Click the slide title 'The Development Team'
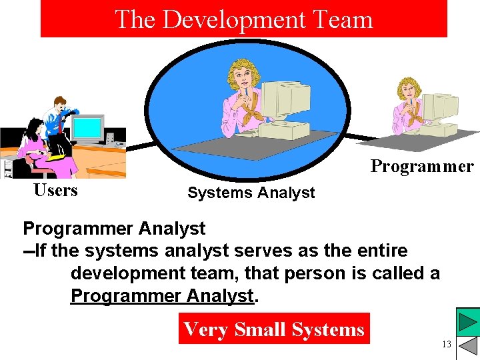pos(243,19)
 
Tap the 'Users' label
pos(55,191)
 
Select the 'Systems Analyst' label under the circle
pos(251,193)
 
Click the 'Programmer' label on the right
pos(421,166)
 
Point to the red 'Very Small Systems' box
pos(273,329)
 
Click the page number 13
pos(446,344)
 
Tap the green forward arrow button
pos(468,322)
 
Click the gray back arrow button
pos(469,347)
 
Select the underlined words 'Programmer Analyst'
pos(163,295)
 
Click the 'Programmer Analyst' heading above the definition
pos(114,229)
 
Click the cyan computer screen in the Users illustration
pos(87,127)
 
